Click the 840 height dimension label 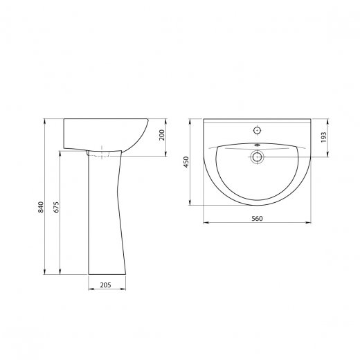tap(41, 207)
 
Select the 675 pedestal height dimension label tap(57, 207)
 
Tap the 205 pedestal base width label tap(105, 285)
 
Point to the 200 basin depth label tap(162, 135)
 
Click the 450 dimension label tap(186, 162)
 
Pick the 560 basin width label tap(257, 219)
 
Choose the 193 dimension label tap(324, 137)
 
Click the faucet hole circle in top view tap(257, 130)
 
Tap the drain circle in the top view tap(257, 157)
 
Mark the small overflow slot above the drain tap(257, 145)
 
